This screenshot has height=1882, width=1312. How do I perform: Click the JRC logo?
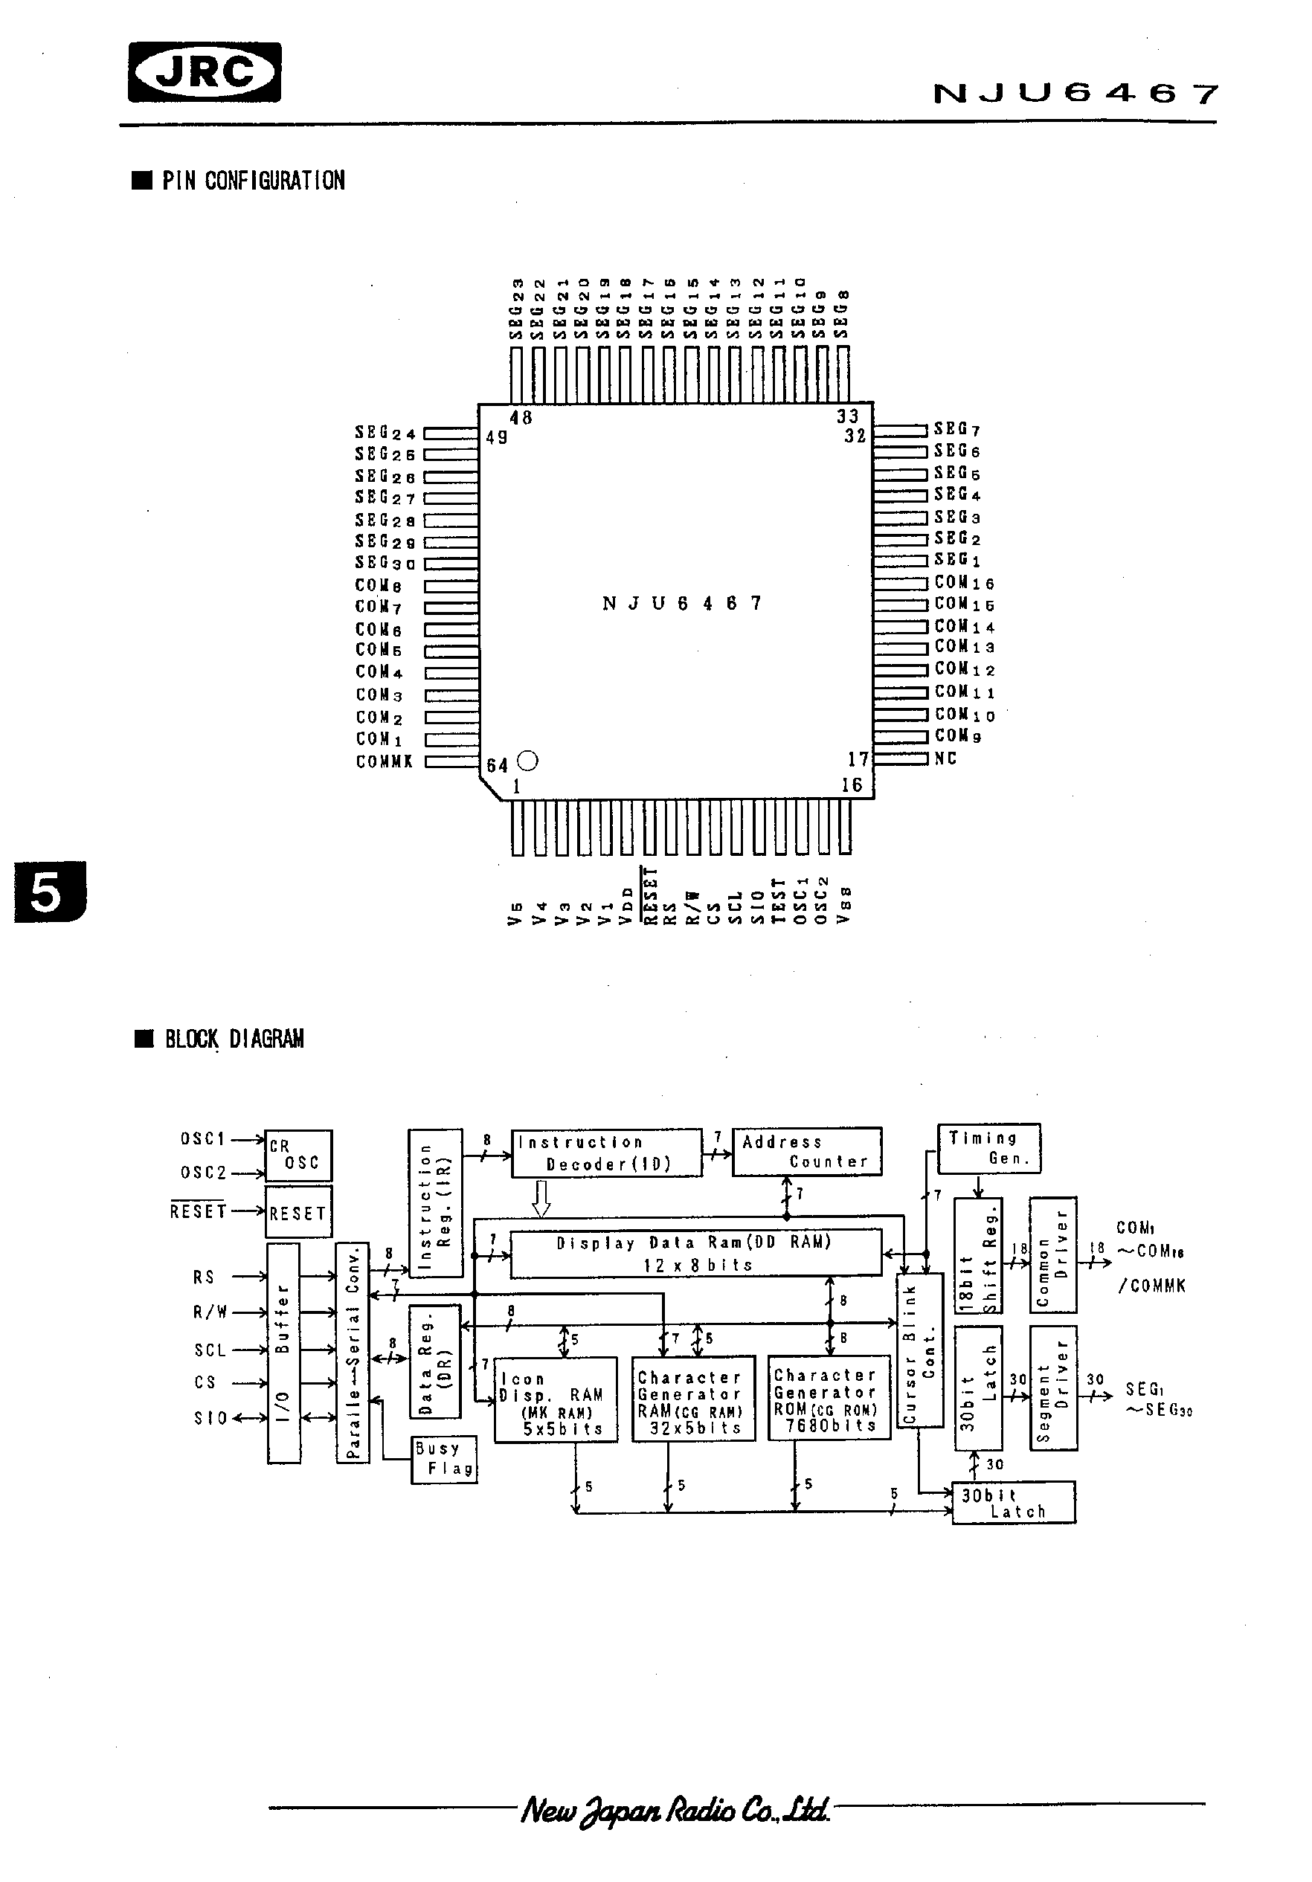pyautogui.click(x=205, y=73)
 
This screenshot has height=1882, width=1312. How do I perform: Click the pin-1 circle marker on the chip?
pyautogui.click(x=529, y=761)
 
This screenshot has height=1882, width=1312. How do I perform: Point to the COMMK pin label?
pyautogui.click(x=384, y=761)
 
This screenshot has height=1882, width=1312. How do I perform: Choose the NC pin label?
pyautogui.click(x=945, y=758)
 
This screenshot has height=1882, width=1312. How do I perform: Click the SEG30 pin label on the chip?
pyautogui.click(x=385, y=563)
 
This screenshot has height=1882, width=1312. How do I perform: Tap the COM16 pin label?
pyautogui.click(x=965, y=583)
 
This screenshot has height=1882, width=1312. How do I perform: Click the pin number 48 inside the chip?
pyautogui.click(x=521, y=418)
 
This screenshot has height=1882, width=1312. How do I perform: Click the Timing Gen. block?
pyautogui.click(x=988, y=1148)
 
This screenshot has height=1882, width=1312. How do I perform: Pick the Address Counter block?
pyautogui.click(x=806, y=1152)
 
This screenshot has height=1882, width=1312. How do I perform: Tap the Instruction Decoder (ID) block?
pyautogui.click(x=606, y=1153)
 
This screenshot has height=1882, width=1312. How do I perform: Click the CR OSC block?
pyautogui.click(x=298, y=1156)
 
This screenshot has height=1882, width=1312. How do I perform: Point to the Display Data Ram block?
pyautogui.click(x=695, y=1253)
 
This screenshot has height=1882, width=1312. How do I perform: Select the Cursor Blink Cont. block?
pyautogui.click(x=919, y=1351)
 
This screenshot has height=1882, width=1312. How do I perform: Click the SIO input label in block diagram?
pyautogui.click(x=210, y=1419)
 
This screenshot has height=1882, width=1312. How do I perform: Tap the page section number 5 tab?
pyautogui.click(x=48, y=892)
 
